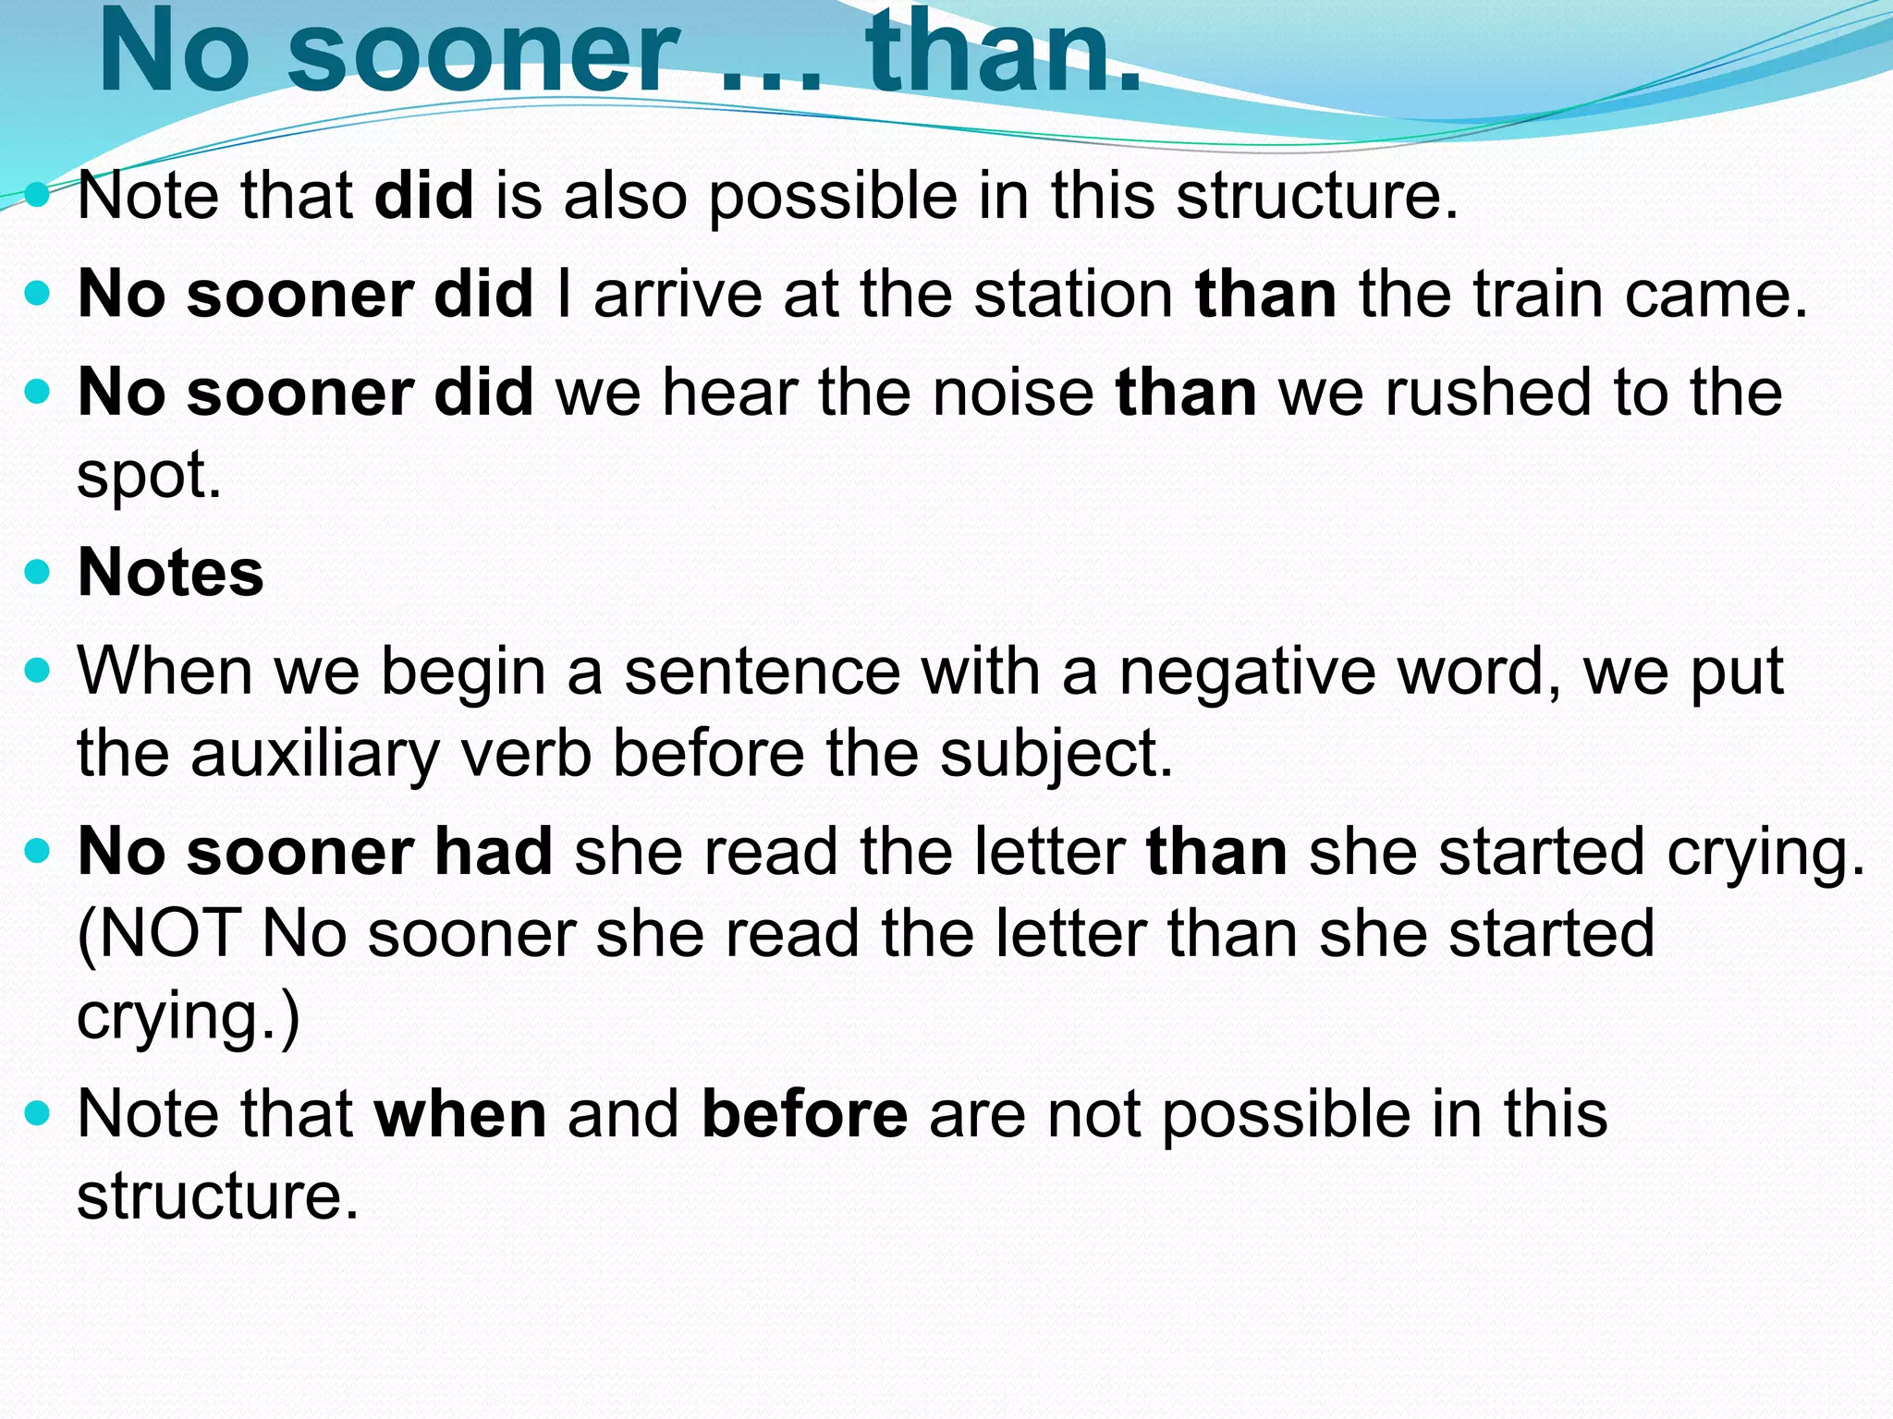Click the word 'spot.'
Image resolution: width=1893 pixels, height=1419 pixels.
click(x=149, y=477)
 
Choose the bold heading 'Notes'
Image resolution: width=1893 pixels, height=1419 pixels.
click(x=171, y=572)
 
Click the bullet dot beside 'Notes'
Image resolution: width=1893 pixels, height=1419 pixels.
click(x=37, y=572)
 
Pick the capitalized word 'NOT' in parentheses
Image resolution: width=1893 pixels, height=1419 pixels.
click(x=171, y=933)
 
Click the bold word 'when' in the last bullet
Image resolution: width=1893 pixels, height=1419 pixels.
click(x=460, y=1113)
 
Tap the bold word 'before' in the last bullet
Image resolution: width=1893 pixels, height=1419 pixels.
click(x=804, y=1113)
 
